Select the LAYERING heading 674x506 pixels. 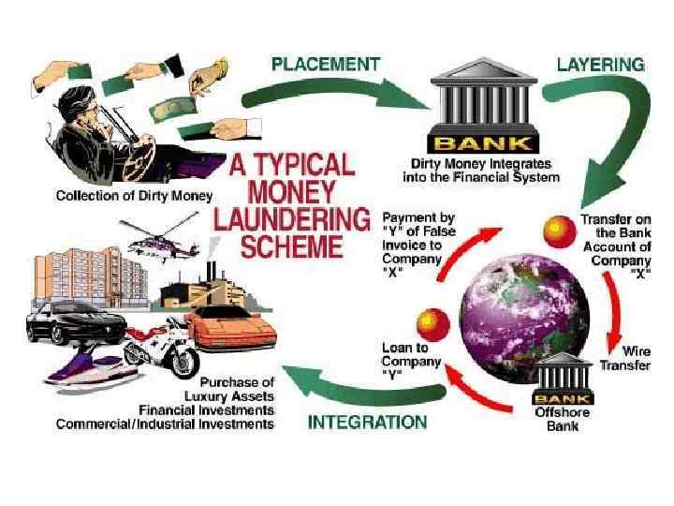[600, 65]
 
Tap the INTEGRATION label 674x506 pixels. [368, 423]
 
